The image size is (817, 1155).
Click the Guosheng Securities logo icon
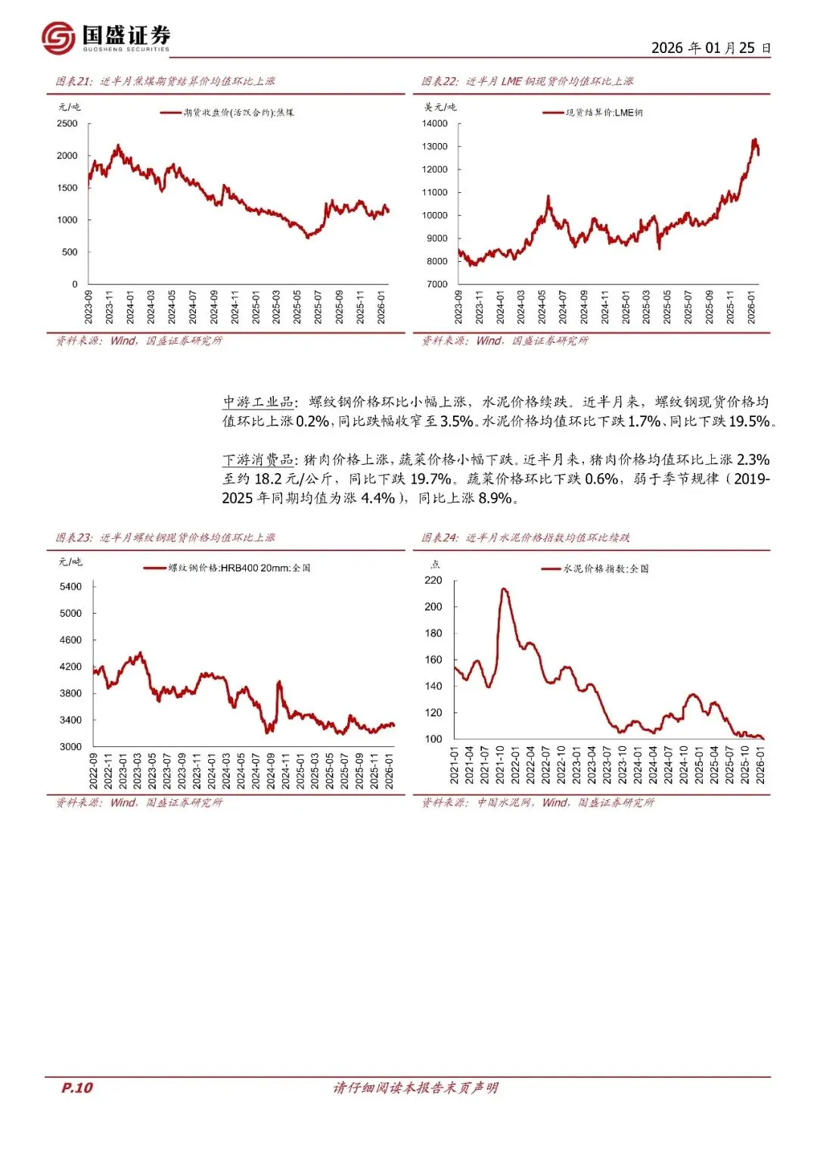point(58,37)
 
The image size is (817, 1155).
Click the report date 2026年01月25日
point(710,48)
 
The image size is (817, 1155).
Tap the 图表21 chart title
point(165,81)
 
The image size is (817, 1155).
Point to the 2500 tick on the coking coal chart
point(67,123)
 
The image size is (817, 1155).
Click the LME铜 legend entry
point(604,113)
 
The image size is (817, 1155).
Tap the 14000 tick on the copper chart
point(435,123)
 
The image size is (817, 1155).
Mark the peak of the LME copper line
point(754,139)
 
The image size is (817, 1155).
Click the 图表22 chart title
point(527,81)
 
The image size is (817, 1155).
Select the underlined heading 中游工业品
point(258,402)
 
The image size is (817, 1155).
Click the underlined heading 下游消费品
point(258,459)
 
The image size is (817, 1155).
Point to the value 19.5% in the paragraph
point(748,422)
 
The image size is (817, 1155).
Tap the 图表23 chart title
point(165,537)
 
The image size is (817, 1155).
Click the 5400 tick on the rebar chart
point(70,587)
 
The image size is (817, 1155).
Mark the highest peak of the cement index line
point(504,589)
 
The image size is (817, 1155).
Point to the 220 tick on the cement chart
point(433,580)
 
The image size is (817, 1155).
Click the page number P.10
point(76,1088)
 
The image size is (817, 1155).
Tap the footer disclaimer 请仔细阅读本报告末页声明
point(415,1088)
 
